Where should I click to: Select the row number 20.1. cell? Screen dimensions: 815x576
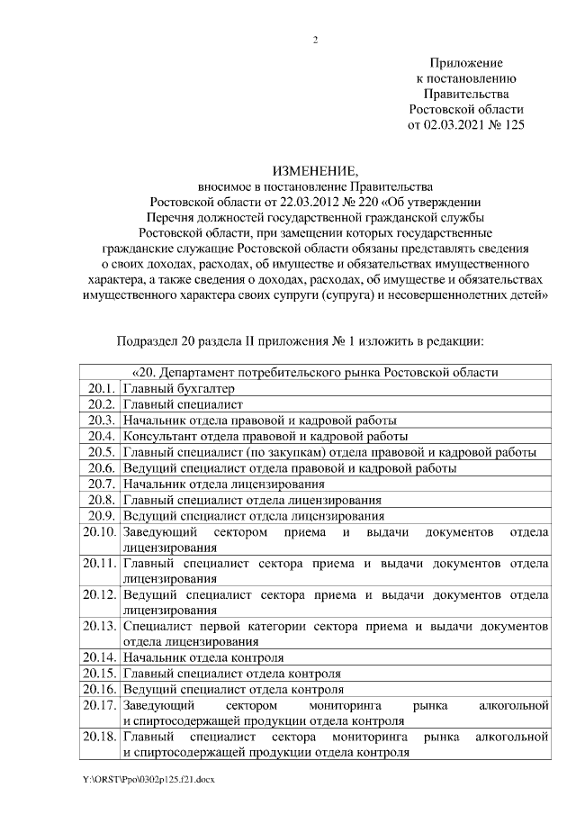pos(100,388)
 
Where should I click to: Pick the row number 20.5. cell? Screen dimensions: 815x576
pos(100,452)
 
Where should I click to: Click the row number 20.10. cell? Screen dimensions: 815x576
pos(99,532)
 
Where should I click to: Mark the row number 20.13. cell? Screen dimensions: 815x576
pos(99,625)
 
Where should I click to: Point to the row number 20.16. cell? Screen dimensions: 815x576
pos(99,689)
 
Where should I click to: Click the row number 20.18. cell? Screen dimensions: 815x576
pos(99,737)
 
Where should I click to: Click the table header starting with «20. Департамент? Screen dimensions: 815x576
pos(315,372)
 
